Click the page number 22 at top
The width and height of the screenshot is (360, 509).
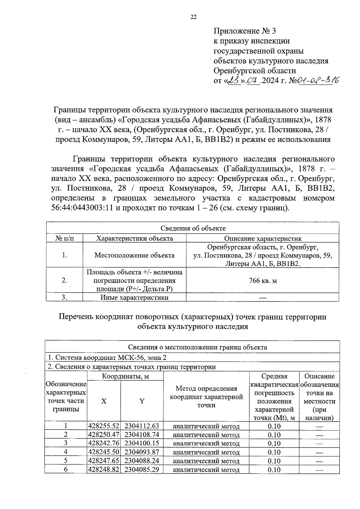(193, 17)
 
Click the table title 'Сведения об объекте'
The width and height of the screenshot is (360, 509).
(193, 228)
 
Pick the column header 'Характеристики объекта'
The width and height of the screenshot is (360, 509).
(134, 238)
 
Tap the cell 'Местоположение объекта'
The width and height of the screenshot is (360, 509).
(134, 255)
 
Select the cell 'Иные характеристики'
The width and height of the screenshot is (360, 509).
(134, 298)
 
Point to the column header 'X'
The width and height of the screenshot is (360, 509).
(103, 401)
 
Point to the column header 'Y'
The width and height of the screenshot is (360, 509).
(142, 401)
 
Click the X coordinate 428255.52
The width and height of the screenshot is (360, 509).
(104, 426)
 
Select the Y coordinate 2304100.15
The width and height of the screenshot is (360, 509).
(142, 443)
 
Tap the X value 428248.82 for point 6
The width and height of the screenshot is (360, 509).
(104, 469)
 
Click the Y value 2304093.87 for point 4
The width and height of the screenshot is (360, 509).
(142, 452)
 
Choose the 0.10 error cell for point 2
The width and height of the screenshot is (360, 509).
(274, 435)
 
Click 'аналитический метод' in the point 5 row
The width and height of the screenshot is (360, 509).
(206, 461)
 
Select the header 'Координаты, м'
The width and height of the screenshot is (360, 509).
(125, 376)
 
